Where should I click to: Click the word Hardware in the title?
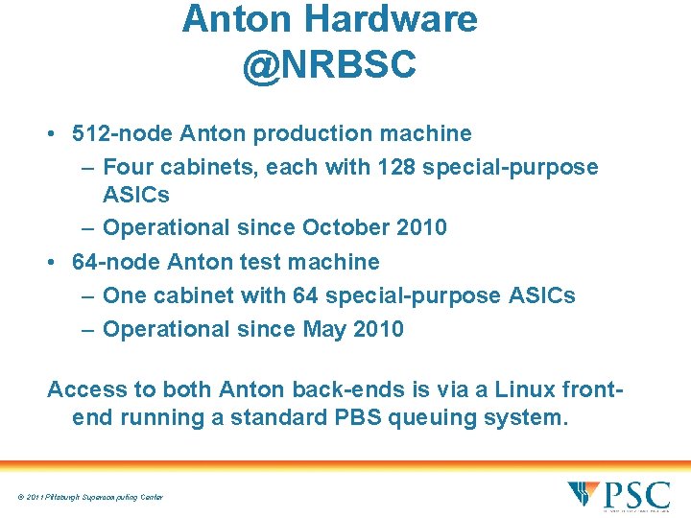click(x=403, y=19)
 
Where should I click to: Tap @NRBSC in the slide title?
click(x=329, y=64)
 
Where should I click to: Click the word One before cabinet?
click(x=126, y=295)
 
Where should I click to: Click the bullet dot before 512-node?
click(x=53, y=134)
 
